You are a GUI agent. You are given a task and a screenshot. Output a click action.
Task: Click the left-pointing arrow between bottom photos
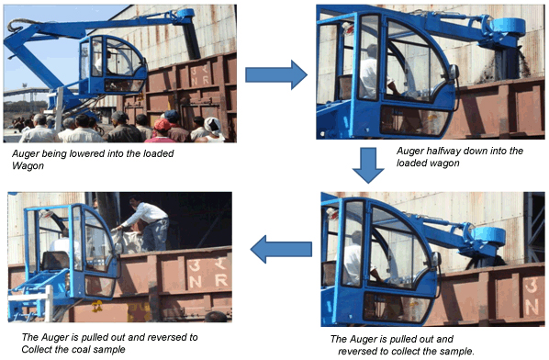(282, 246)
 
